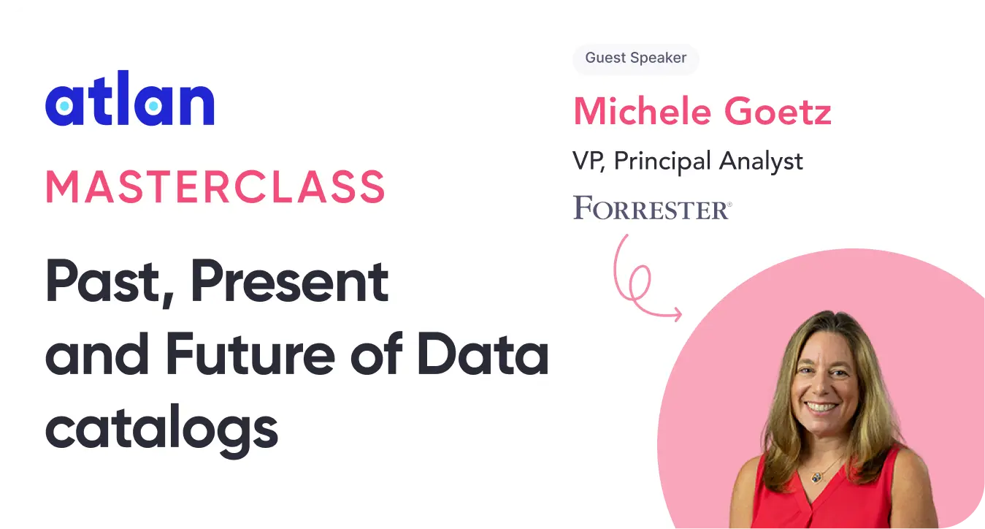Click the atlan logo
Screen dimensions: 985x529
point(130,98)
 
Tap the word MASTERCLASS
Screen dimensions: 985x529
point(215,187)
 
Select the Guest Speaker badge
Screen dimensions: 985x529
point(636,58)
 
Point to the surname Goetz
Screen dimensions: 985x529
point(778,111)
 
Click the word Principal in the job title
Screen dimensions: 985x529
point(662,161)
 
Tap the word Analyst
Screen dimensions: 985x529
point(761,161)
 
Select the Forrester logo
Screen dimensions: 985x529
point(652,208)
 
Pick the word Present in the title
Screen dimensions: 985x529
point(289,281)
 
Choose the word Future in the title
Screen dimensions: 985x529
point(250,354)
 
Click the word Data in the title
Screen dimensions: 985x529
point(483,354)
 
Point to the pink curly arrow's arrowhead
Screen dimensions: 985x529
point(677,313)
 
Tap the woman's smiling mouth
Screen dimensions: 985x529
point(821,408)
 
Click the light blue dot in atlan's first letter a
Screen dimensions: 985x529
point(64,106)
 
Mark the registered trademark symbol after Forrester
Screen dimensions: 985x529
point(729,204)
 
